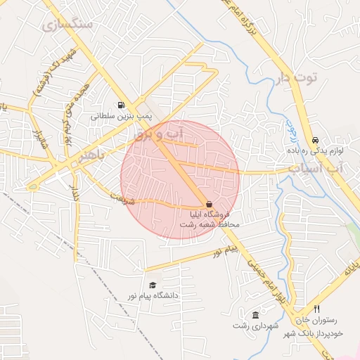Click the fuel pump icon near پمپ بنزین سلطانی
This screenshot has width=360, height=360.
point(124,103)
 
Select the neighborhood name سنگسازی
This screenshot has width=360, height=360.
point(67,25)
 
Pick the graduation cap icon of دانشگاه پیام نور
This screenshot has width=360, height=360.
point(152,285)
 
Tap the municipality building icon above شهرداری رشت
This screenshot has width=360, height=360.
point(255,315)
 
